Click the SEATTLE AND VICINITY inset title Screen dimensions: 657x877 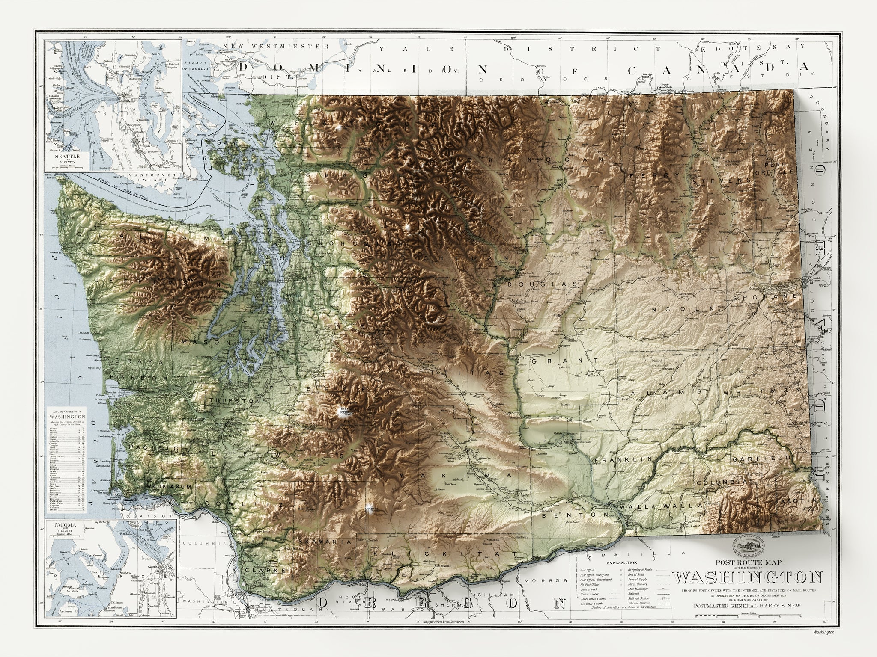[70, 157]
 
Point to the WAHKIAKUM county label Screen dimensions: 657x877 [167, 487]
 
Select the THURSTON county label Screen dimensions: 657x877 [235, 401]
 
